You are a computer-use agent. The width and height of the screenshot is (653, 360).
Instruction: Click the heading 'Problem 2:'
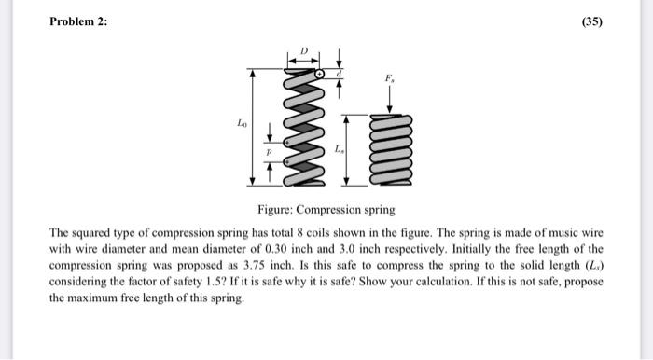78,21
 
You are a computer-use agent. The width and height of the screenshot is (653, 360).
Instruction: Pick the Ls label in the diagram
339,149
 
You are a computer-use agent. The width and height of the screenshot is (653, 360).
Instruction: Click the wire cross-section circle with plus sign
320,73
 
